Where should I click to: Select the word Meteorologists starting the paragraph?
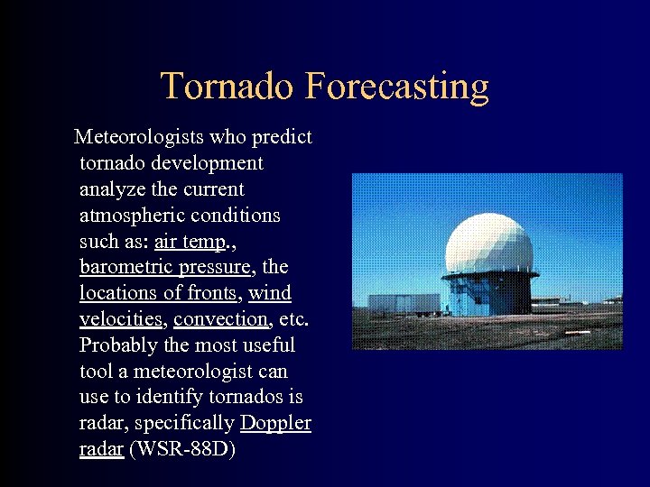[x=139, y=137]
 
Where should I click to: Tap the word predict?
[x=282, y=137]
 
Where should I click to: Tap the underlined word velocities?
[x=120, y=319]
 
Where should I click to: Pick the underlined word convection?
[x=221, y=319]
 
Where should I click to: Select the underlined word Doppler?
[x=275, y=423]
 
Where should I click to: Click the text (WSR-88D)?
[x=182, y=449]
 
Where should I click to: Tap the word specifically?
[x=190, y=423]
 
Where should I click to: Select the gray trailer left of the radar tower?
[x=397, y=304]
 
